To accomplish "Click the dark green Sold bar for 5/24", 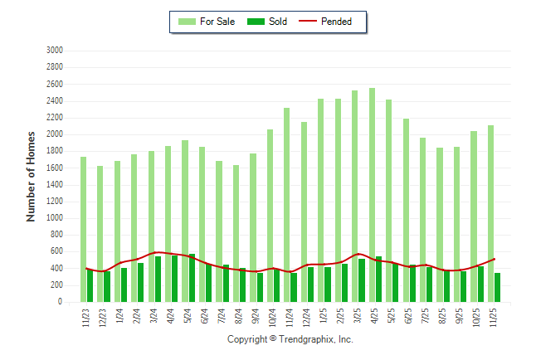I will pos(192,278).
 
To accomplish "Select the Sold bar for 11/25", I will pos(497,287).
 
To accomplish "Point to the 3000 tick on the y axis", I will pos(55,51).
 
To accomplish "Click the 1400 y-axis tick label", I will pos(55,185).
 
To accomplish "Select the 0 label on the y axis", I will pos(61,303).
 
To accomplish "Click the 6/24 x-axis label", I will pos(204,316).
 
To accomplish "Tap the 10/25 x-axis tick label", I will pos(475,318).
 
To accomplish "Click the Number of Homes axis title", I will pos(32,176).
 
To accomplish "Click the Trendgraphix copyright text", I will pos(290,339).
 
